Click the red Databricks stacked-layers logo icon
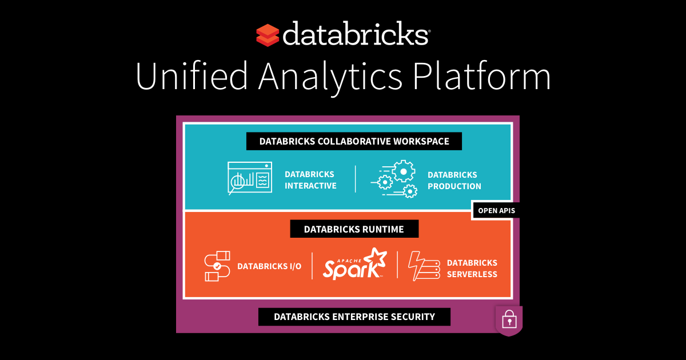(x=268, y=35)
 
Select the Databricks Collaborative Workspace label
(x=354, y=141)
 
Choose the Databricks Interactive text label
(x=310, y=180)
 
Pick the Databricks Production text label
(x=454, y=180)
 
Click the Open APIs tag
(x=496, y=211)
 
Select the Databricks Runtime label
(x=354, y=229)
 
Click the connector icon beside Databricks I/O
(x=217, y=266)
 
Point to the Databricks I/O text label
(x=269, y=266)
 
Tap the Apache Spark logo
(x=354, y=265)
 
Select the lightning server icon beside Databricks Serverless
(x=424, y=266)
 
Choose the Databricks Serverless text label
(x=472, y=268)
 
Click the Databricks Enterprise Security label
(x=354, y=317)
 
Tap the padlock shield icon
(x=508, y=321)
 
